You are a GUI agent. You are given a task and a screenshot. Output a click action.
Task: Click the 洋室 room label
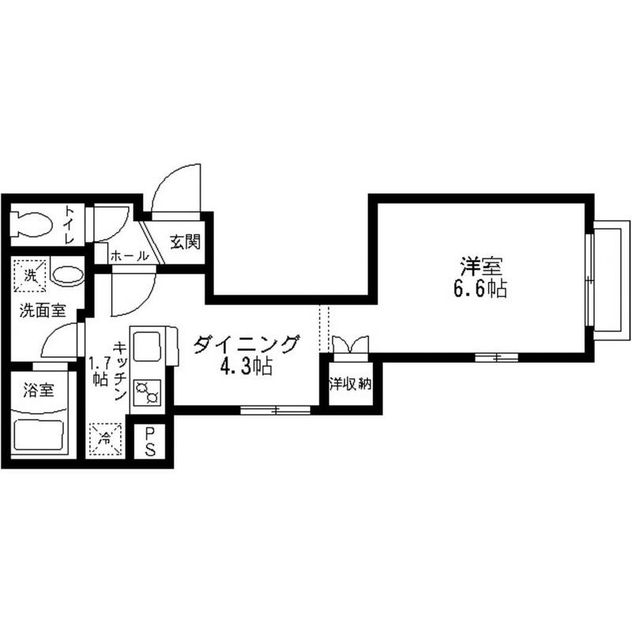(480, 265)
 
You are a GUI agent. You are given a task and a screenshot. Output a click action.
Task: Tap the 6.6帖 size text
(480, 288)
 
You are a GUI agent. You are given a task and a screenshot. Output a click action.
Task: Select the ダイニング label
(246, 344)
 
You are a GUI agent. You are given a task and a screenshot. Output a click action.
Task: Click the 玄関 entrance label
(185, 242)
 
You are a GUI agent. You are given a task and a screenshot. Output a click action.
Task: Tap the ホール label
(129, 256)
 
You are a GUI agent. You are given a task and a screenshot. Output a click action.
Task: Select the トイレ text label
(70, 224)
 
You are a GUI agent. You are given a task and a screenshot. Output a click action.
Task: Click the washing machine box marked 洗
(29, 276)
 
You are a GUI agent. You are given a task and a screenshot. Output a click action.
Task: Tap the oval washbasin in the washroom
(66, 276)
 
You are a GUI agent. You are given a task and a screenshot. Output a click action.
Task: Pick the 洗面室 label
(43, 310)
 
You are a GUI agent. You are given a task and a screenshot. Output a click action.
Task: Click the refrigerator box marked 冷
(105, 438)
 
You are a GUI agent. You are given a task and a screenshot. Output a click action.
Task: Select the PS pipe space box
(149, 442)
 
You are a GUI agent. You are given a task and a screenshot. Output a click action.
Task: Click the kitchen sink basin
(148, 348)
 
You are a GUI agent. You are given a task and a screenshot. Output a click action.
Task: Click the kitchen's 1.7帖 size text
(98, 371)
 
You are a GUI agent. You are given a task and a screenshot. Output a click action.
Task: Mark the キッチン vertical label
(119, 371)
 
